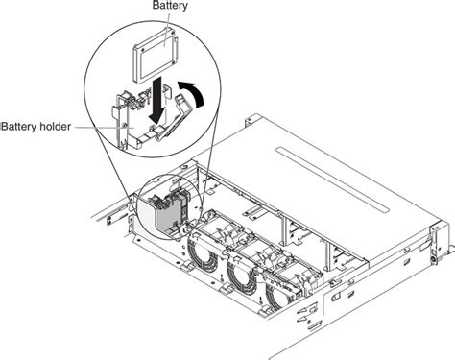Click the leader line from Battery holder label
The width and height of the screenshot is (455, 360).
(91, 127)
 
